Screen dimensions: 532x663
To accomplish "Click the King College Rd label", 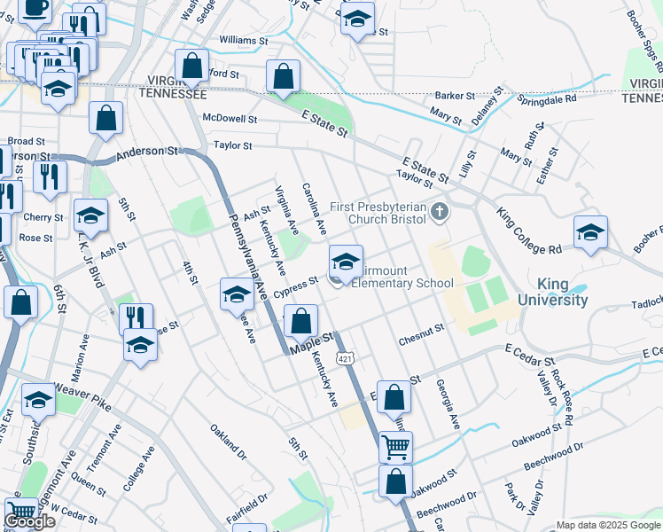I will [530, 230].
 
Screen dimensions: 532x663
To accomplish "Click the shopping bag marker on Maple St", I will [301, 321].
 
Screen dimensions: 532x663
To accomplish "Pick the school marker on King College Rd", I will [590, 232].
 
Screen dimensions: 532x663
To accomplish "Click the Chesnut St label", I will [421, 331].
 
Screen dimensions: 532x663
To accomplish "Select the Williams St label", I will [243, 41].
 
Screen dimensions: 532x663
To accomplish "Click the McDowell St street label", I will [230, 118].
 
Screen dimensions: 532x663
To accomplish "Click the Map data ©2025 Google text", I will [607, 525].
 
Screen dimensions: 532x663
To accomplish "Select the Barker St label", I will [456, 96].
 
